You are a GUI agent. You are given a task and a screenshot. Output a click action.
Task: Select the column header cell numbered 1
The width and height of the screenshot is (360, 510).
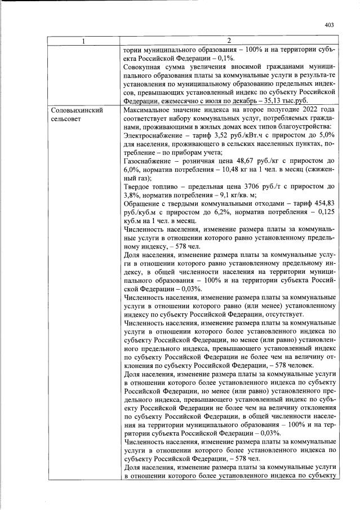pos(83,41)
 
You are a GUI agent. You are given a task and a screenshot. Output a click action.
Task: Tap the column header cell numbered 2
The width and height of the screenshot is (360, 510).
pos(228,41)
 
